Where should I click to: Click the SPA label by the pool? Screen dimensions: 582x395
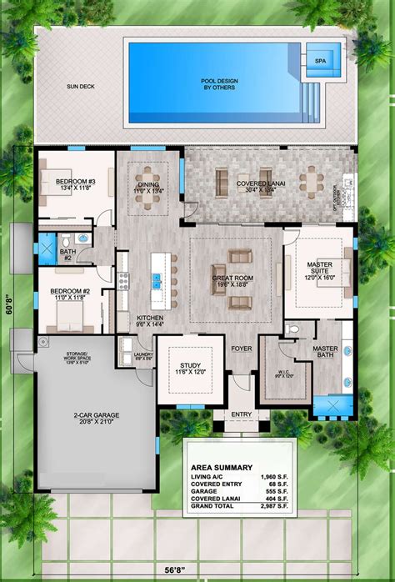click(320, 60)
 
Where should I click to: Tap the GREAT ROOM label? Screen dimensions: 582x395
click(231, 280)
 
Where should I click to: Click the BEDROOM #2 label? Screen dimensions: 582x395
click(72, 291)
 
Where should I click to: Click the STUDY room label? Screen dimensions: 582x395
click(191, 366)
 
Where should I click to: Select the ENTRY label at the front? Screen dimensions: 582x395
click(242, 413)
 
